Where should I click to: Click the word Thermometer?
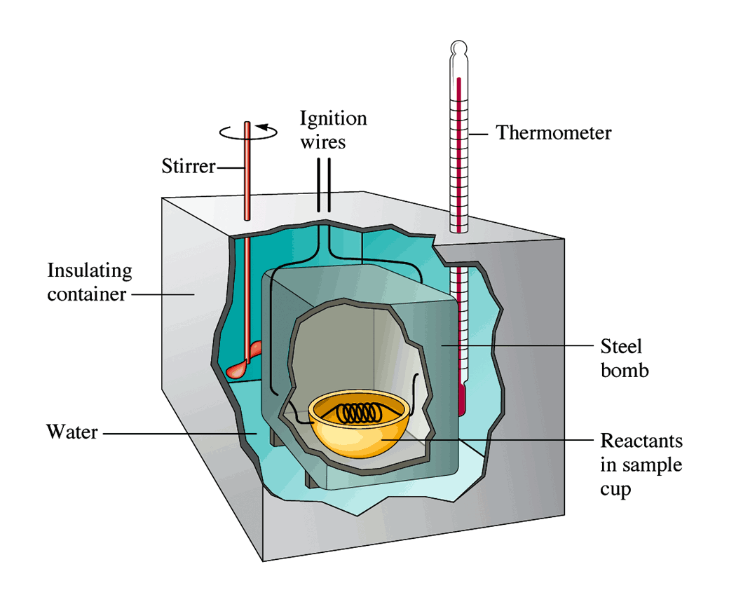coord(554,132)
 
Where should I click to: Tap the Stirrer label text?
coord(186,167)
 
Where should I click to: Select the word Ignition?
coord(333,118)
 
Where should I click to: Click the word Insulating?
coord(89,270)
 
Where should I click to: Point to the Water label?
coord(72,430)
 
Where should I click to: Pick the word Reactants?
coord(641,441)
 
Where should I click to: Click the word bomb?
coord(625,369)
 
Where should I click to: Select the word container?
coord(87,294)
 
